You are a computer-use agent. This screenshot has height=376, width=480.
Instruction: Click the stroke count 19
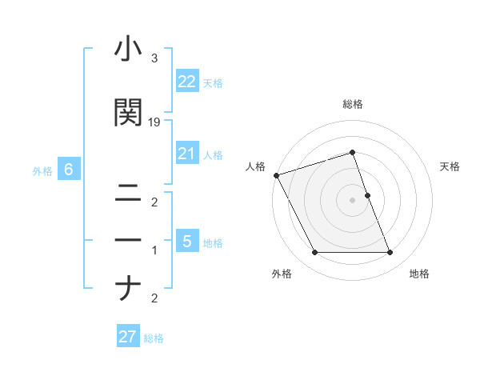coord(154,122)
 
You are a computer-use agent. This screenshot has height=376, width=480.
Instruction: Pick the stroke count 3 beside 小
coord(154,58)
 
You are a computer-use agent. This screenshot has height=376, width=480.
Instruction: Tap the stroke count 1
coord(154,250)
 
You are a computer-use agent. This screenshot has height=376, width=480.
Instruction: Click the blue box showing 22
coord(187,82)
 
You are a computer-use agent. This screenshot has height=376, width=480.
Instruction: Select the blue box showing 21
coord(187,154)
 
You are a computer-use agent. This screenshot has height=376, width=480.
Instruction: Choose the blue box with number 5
coord(187,242)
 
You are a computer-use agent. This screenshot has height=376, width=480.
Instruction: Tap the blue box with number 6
coord(69,170)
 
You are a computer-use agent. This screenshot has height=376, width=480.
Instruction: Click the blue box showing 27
coord(128,337)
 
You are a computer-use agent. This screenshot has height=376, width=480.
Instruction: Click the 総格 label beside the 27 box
coord(154,338)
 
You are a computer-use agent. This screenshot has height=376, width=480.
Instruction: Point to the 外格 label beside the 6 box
coord(42,170)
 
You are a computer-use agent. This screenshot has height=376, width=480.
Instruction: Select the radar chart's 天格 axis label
coord(450,166)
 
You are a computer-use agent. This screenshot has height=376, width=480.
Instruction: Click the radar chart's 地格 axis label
coord(419,274)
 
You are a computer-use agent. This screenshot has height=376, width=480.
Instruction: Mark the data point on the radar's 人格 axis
coord(276,175)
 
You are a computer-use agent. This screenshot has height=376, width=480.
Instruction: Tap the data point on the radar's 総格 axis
coord(352,152)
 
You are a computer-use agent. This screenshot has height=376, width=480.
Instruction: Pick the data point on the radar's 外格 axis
coord(314,253)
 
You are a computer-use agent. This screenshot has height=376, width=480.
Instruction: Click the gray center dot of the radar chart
coord(352,200)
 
